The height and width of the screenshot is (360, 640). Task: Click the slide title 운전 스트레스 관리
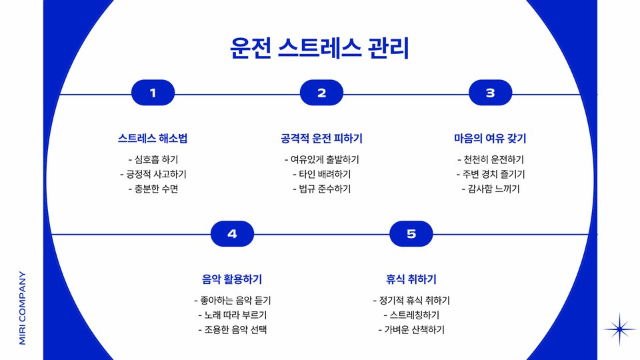tap(319, 48)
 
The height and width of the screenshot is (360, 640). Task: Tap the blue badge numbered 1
tap(153, 93)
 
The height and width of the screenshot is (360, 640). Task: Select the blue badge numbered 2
tap(321, 93)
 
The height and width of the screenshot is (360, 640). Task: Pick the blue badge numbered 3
tap(490, 93)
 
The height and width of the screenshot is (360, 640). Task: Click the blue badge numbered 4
tap(232, 233)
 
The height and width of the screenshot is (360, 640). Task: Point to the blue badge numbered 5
tap(411, 233)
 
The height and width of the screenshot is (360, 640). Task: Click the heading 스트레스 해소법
tap(153, 139)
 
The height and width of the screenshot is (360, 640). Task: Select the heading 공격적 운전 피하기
tap(321, 139)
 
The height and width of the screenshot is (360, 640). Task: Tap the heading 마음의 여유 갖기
tap(490, 139)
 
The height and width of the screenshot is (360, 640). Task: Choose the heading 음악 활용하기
tap(232, 279)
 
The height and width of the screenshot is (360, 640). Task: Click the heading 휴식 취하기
tap(411, 279)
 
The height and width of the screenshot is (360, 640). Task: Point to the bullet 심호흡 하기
tap(153, 159)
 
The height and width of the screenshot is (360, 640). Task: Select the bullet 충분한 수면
tap(153, 189)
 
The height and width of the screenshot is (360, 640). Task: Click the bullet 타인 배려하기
tap(321, 174)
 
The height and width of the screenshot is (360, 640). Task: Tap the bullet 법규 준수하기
tap(321, 189)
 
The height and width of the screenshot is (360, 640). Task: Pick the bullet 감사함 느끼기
tap(490, 189)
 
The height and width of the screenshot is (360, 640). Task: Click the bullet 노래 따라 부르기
tap(232, 315)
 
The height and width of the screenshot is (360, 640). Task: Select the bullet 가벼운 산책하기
tap(411, 329)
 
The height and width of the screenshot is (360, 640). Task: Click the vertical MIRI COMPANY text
tap(23, 307)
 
